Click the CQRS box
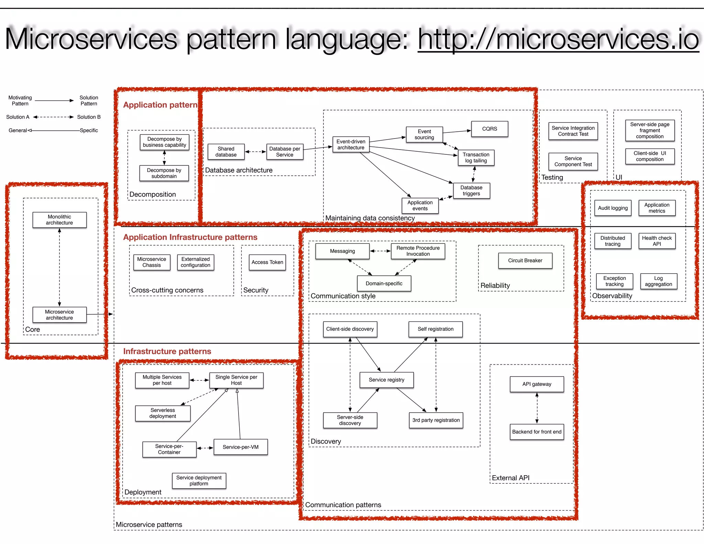coord(489,129)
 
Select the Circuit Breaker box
coord(525,261)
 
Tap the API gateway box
coord(537,384)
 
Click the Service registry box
coord(386,380)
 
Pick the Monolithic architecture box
coord(59,220)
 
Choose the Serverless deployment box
coord(163,413)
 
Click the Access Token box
coord(267,262)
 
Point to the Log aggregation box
coord(658,281)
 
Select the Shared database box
coord(226,152)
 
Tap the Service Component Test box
coord(573,162)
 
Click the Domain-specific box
coord(384,284)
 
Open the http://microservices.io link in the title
coord(558,40)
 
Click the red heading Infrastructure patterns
coord(167,351)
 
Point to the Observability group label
coord(612,296)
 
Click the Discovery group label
coord(326,442)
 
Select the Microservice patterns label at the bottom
coord(149,525)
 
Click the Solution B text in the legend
coord(89,117)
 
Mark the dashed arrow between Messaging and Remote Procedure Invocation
coord(380,251)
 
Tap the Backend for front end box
coord(537,432)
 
